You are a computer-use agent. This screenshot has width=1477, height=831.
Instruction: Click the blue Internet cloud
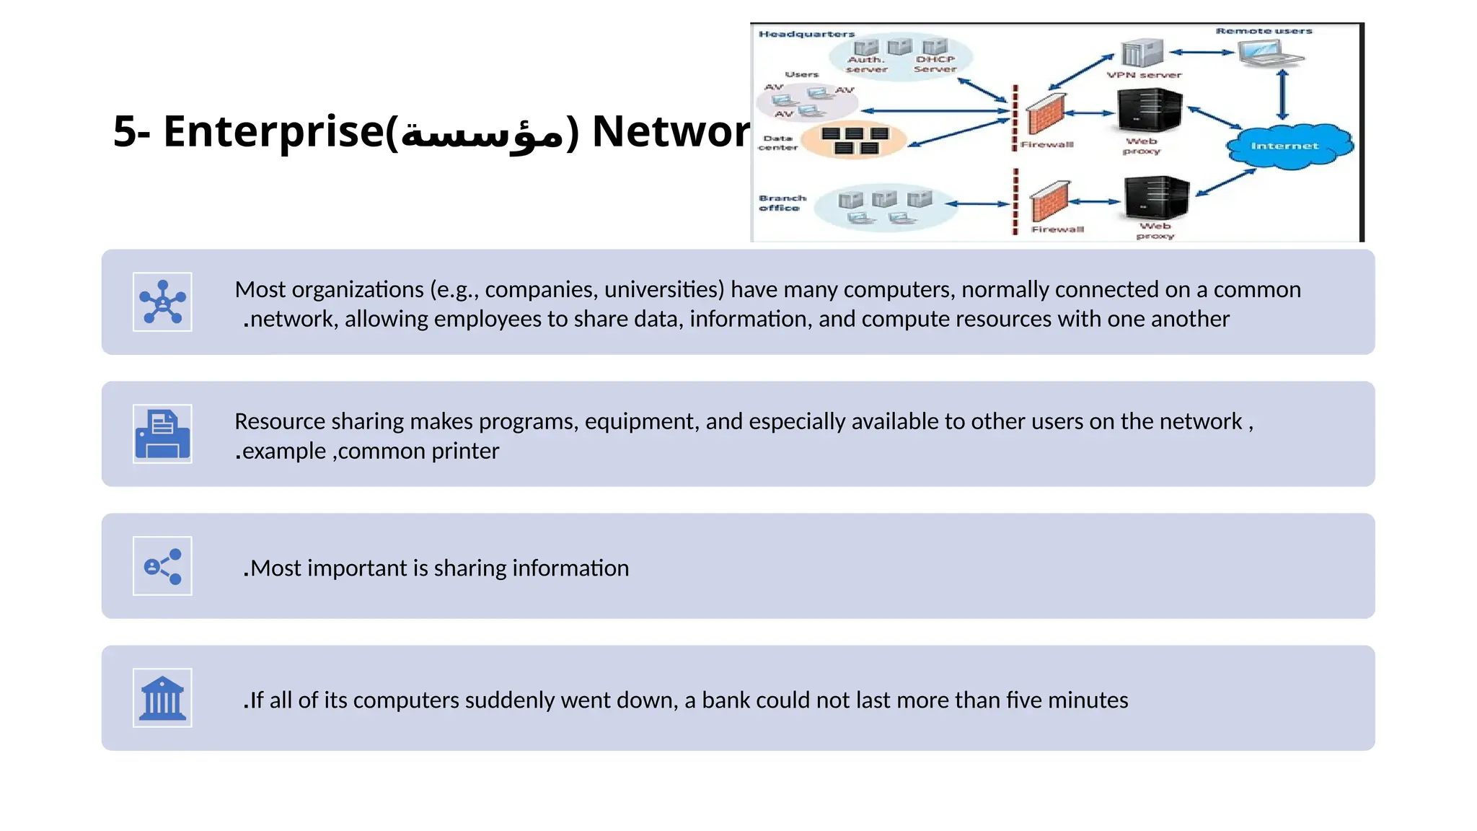pyautogui.click(x=1289, y=146)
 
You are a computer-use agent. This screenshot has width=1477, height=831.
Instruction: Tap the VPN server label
pyautogui.click(x=1145, y=75)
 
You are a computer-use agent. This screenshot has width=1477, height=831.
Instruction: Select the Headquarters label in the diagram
pyautogui.click(x=806, y=34)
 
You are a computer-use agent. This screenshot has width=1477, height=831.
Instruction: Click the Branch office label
pyautogui.click(x=781, y=203)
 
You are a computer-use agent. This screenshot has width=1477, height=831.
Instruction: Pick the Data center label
pyautogui.click(x=777, y=143)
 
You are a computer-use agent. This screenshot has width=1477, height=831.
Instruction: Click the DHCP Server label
pyautogui.click(x=935, y=64)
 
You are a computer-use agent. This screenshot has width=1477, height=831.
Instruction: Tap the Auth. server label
pyautogui.click(x=866, y=64)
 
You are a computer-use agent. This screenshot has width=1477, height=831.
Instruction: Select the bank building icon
pyautogui.click(x=162, y=698)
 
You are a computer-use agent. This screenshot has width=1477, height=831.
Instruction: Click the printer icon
pyautogui.click(x=162, y=434)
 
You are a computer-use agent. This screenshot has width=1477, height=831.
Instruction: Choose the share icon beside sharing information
pyautogui.click(x=162, y=566)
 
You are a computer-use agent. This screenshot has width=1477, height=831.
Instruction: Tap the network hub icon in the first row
pyautogui.click(x=162, y=302)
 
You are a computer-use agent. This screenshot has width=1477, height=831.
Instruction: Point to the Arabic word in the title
pyautogui.click(x=482, y=133)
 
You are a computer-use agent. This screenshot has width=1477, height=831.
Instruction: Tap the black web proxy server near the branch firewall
pyautogui.click(x=1156, y=198)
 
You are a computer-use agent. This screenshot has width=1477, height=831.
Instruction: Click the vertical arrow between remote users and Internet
pyautogui.click(x=1282, y=94)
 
